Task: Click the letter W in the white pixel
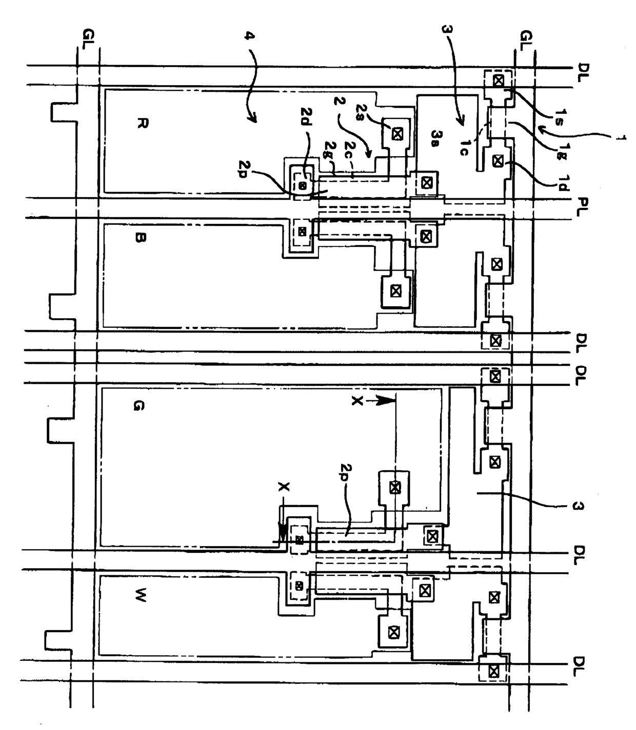pyautogui.click(x=140, y=596)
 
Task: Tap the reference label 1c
pyautogui.click(x=465, y=148)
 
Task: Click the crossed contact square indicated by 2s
pyautogui.click(x=396, y=134)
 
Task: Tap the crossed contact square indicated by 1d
pyautogui.click(x=496, y=160)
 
